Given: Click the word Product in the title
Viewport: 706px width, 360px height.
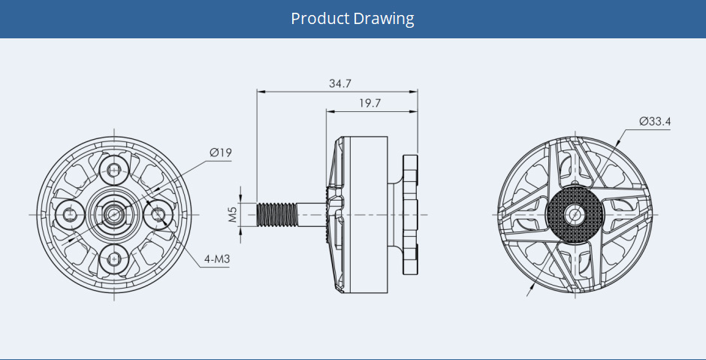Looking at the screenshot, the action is pyautogui.click(x=320, y=19).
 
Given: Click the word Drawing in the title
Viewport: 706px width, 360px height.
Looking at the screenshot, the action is pyautogui.click(x=384, y=19).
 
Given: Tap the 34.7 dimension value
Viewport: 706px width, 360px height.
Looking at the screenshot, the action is pyautogui.click(x=340, y=84).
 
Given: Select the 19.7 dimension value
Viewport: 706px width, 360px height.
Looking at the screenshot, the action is pyautogui.click(x=370, y=103).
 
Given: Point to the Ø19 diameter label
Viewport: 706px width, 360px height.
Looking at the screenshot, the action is pyautogui.click(x=221, y=153).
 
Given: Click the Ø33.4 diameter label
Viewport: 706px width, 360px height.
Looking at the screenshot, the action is pyautogui.click(x=655, y=122).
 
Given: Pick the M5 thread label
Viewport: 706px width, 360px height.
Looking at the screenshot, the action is pyautogui.click(x=232, y=215).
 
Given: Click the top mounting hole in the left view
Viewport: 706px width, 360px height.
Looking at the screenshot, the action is pyautogui.click(x=114, y=171).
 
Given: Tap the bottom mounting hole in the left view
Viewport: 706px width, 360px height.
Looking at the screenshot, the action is pyautogui.click(x=114, y=259).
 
